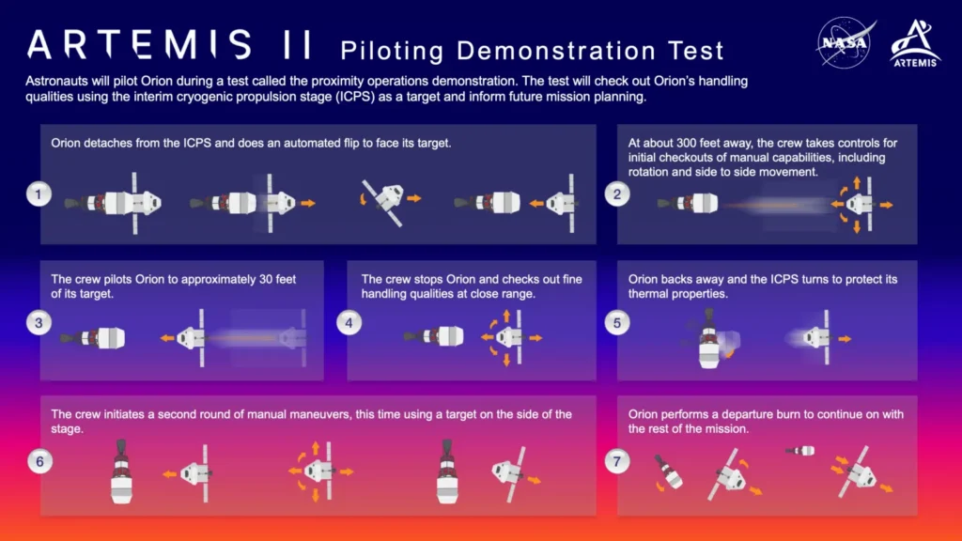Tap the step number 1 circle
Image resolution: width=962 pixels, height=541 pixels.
click(x=38, y=194)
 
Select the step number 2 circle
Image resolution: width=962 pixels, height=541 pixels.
click(x=617, y=194)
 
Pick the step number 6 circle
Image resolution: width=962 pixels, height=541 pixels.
click(x=38, y=460)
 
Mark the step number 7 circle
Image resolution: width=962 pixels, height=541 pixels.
click(x=617, y=460)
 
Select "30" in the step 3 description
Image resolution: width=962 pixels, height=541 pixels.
click(x=243, y=279)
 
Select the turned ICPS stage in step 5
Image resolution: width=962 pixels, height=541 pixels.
click(x=713, y=339)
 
